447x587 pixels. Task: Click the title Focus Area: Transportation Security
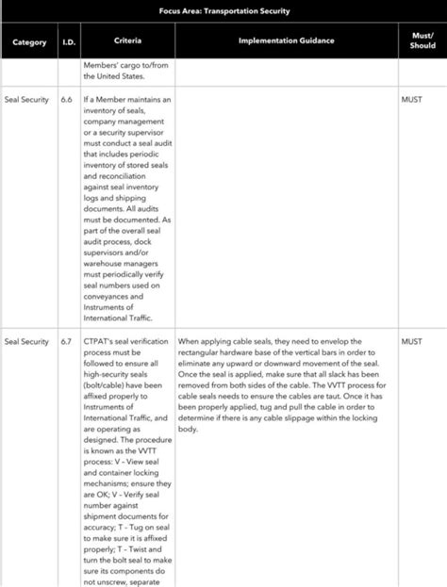point(224,10)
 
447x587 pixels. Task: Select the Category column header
point(29,42)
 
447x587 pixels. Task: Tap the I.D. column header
point(69,42)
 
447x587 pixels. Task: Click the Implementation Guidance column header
point(286,41)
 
